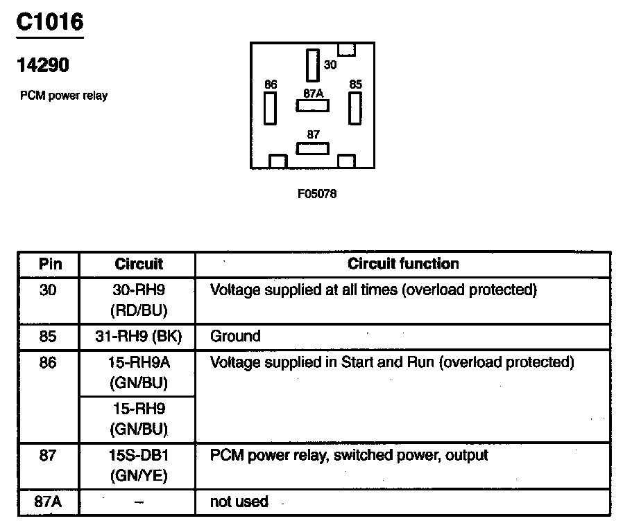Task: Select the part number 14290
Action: coord(43,66)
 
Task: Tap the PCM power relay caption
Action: coord(64,96)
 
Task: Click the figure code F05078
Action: coord(317,195)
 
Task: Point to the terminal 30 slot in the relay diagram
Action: coord(312,65)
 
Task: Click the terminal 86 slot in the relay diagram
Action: coord(270,107)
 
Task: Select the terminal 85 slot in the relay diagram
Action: coord(355,107)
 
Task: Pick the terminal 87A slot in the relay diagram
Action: coord(312,106)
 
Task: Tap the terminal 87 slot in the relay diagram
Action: coord(312,148)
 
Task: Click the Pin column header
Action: coord(49,264)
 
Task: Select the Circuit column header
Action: coord(139,264)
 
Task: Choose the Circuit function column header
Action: coord(403,264)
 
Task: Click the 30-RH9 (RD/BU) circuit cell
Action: coord(139,299)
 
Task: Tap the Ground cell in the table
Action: coord(235,337)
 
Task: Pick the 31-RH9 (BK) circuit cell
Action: coord(139,337)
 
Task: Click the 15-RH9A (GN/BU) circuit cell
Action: coord(139,372)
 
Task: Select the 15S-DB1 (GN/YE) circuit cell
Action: coord(139,465)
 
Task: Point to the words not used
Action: coord(239,502)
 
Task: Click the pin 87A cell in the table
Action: coord(49,502)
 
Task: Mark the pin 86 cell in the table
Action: coord(49,362)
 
